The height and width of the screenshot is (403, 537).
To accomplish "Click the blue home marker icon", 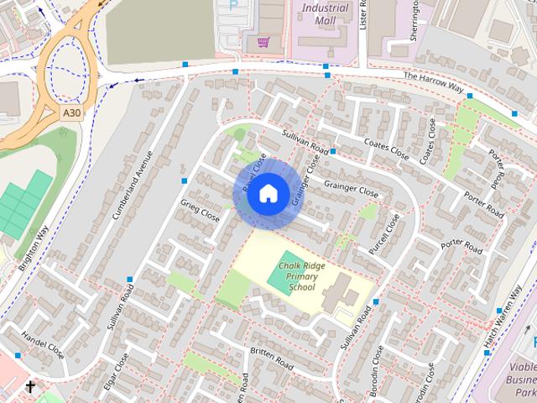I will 267,193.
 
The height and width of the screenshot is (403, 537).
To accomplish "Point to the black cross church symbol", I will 31,387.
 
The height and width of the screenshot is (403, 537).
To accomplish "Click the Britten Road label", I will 270,359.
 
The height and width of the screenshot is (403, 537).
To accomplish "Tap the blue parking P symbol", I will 232,5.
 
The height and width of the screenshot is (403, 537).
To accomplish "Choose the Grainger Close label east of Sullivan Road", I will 352,188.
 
